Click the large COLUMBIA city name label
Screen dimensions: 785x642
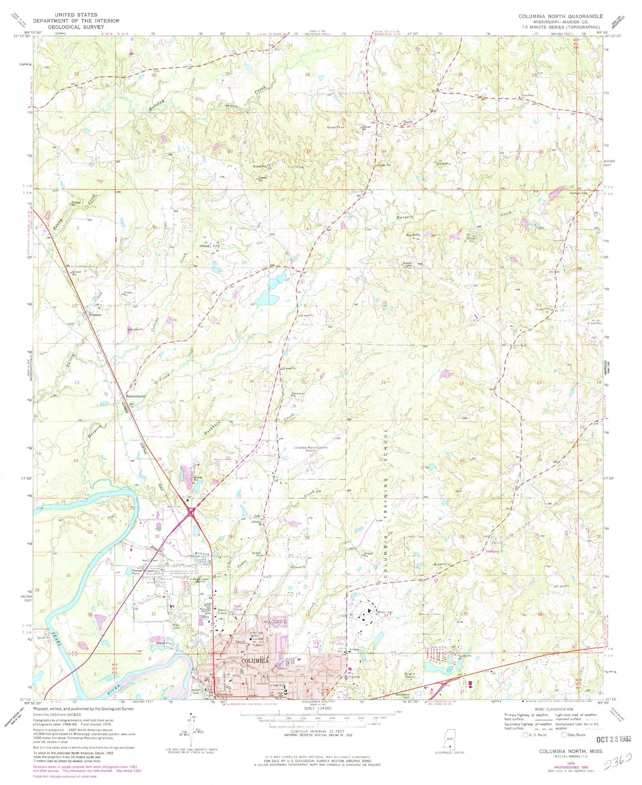pyautogui.click(x=256, y=661)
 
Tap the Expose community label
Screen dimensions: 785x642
pyautogui.click(x=95, y=314)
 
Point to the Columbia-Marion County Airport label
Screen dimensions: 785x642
pyautogui.click(x=311, y=449)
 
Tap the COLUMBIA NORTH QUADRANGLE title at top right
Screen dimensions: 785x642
pyautogui.click(x=561, y=16)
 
